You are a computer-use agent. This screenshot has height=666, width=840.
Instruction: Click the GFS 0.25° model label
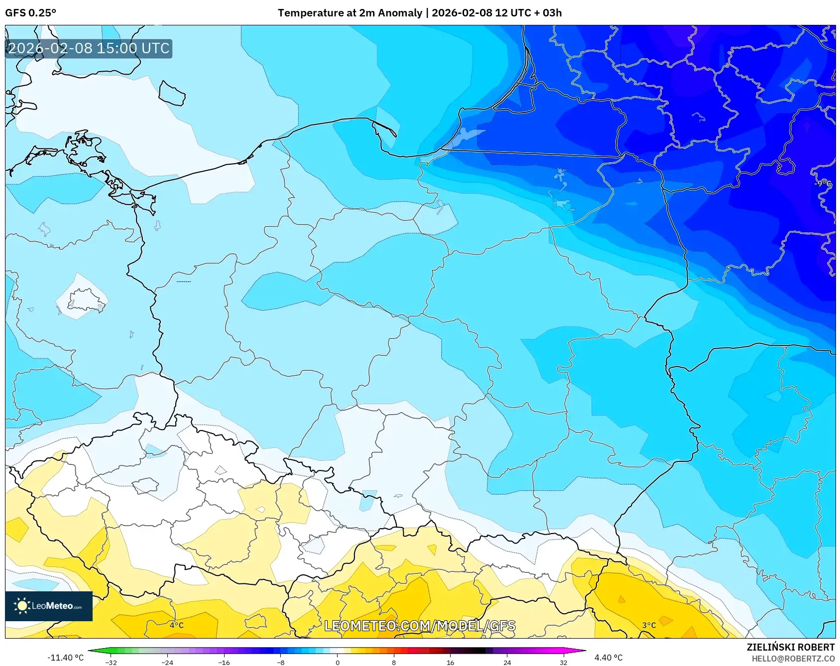(x=30, y=13)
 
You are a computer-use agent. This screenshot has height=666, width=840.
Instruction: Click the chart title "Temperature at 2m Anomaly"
(x=350, y=13)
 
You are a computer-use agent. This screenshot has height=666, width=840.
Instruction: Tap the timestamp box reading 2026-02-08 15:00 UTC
(x=89, y=49)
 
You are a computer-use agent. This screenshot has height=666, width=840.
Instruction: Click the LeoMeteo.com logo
(x=49, y=606)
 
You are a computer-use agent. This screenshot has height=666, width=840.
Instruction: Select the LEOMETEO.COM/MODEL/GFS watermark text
(x=420, y=626)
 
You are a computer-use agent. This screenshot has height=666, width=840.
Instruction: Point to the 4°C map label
(x=177, y=625)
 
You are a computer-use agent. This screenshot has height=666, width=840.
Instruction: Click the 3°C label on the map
(x=649, y=625)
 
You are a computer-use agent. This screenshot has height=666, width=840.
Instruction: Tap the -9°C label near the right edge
(x=823, y=183)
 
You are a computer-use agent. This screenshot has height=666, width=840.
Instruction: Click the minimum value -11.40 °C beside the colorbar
(x=65, y=658)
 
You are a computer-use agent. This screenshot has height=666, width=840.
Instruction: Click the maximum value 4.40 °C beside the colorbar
(x=608, y=658)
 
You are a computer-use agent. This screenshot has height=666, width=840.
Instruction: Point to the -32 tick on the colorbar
(x=111, y=663)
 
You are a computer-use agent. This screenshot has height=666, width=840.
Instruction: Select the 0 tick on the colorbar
(x=338, y=663)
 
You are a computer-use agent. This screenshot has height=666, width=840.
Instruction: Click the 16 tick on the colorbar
(x=450, y=663)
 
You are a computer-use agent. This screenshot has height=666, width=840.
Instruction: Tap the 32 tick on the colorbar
(x=563, y=663)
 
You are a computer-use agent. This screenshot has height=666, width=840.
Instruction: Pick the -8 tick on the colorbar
(x=281, y=663)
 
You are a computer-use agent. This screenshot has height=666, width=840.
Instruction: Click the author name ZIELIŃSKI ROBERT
(x=790, y=647)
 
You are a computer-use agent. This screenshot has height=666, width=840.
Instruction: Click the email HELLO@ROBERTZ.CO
(x=793, y=659)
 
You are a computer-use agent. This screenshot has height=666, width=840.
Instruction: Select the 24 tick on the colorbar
(x=507, y=663)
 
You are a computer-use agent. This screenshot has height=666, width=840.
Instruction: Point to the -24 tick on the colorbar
(x=167, y=663)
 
